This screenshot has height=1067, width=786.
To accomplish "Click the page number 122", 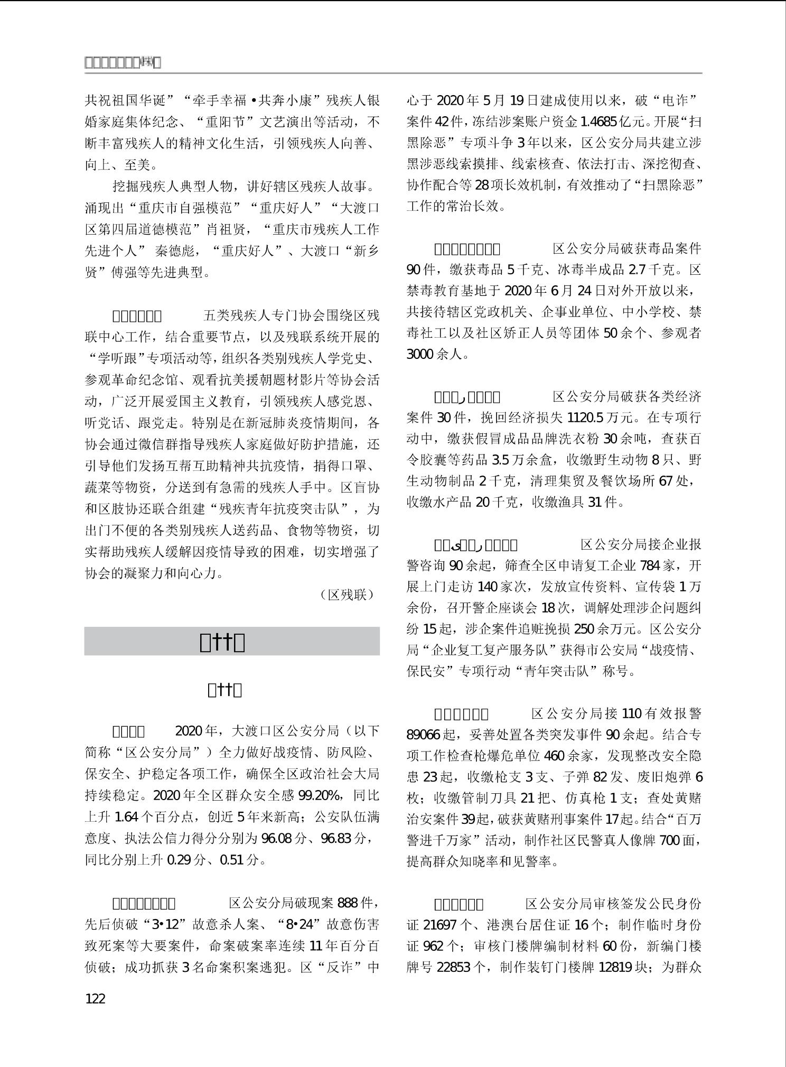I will point(95,999).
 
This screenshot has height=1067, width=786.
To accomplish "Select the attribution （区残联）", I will point(347,595).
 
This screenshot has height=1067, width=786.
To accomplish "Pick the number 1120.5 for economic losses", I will point(585,417).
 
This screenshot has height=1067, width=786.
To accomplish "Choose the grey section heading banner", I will point(232,642).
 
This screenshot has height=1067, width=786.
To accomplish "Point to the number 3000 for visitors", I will point(420,354).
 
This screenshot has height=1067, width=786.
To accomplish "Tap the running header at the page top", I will point(123,63).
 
